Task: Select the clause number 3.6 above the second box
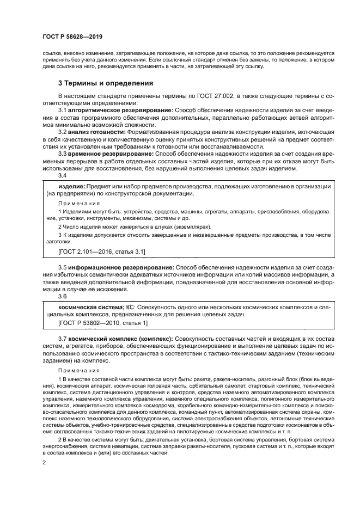tap(63, 297)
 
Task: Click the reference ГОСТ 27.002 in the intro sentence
tap(214, 95)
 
